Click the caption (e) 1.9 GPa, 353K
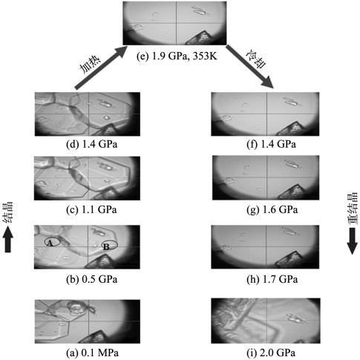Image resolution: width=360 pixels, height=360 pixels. [x=177, y=56]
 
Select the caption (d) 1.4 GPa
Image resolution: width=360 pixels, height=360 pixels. [x=91, y=144]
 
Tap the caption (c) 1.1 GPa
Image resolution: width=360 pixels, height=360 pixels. [x=91, y=209]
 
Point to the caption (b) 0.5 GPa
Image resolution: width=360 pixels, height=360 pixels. [x=91, y=279]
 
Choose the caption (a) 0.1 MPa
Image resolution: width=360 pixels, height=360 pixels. [x=92, y=353]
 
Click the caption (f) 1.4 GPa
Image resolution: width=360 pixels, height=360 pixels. [x=271, y=144]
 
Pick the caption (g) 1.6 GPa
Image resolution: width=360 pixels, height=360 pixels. [x=272, y=209]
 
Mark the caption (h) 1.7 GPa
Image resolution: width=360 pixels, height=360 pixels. [x=272, y=279]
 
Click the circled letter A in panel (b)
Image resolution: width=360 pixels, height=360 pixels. [x=50, y=243]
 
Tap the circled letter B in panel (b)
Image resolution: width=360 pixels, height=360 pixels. [x=106, y=246]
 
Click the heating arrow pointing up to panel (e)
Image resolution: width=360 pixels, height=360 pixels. [x=101, y=67]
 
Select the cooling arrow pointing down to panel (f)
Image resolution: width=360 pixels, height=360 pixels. [x=250, y=66]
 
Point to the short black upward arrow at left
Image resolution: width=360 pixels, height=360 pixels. [x=8, y=240]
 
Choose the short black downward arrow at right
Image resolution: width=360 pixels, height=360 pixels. [x=352, y=241]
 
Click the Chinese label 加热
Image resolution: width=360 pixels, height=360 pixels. [x=90, y=65]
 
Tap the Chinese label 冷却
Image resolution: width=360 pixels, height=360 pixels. [x=256, y=60]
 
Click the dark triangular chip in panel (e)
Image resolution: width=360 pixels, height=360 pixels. [x=201, y=38]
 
